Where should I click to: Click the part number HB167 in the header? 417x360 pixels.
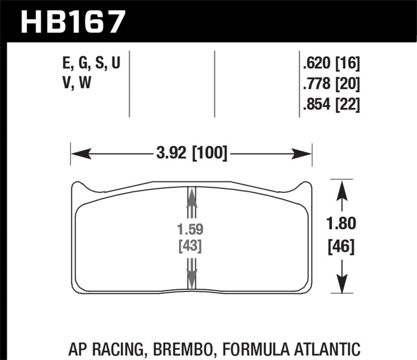pyautogui.click(x=72, y=21)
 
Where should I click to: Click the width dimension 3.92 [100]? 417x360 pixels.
pyautogui.click(x=191, y=154)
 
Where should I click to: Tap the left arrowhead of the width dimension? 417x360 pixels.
pyautogui.click(x=78, y=154)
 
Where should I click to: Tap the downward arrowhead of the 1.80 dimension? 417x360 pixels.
pyautogui.click(x=341, y=286)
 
